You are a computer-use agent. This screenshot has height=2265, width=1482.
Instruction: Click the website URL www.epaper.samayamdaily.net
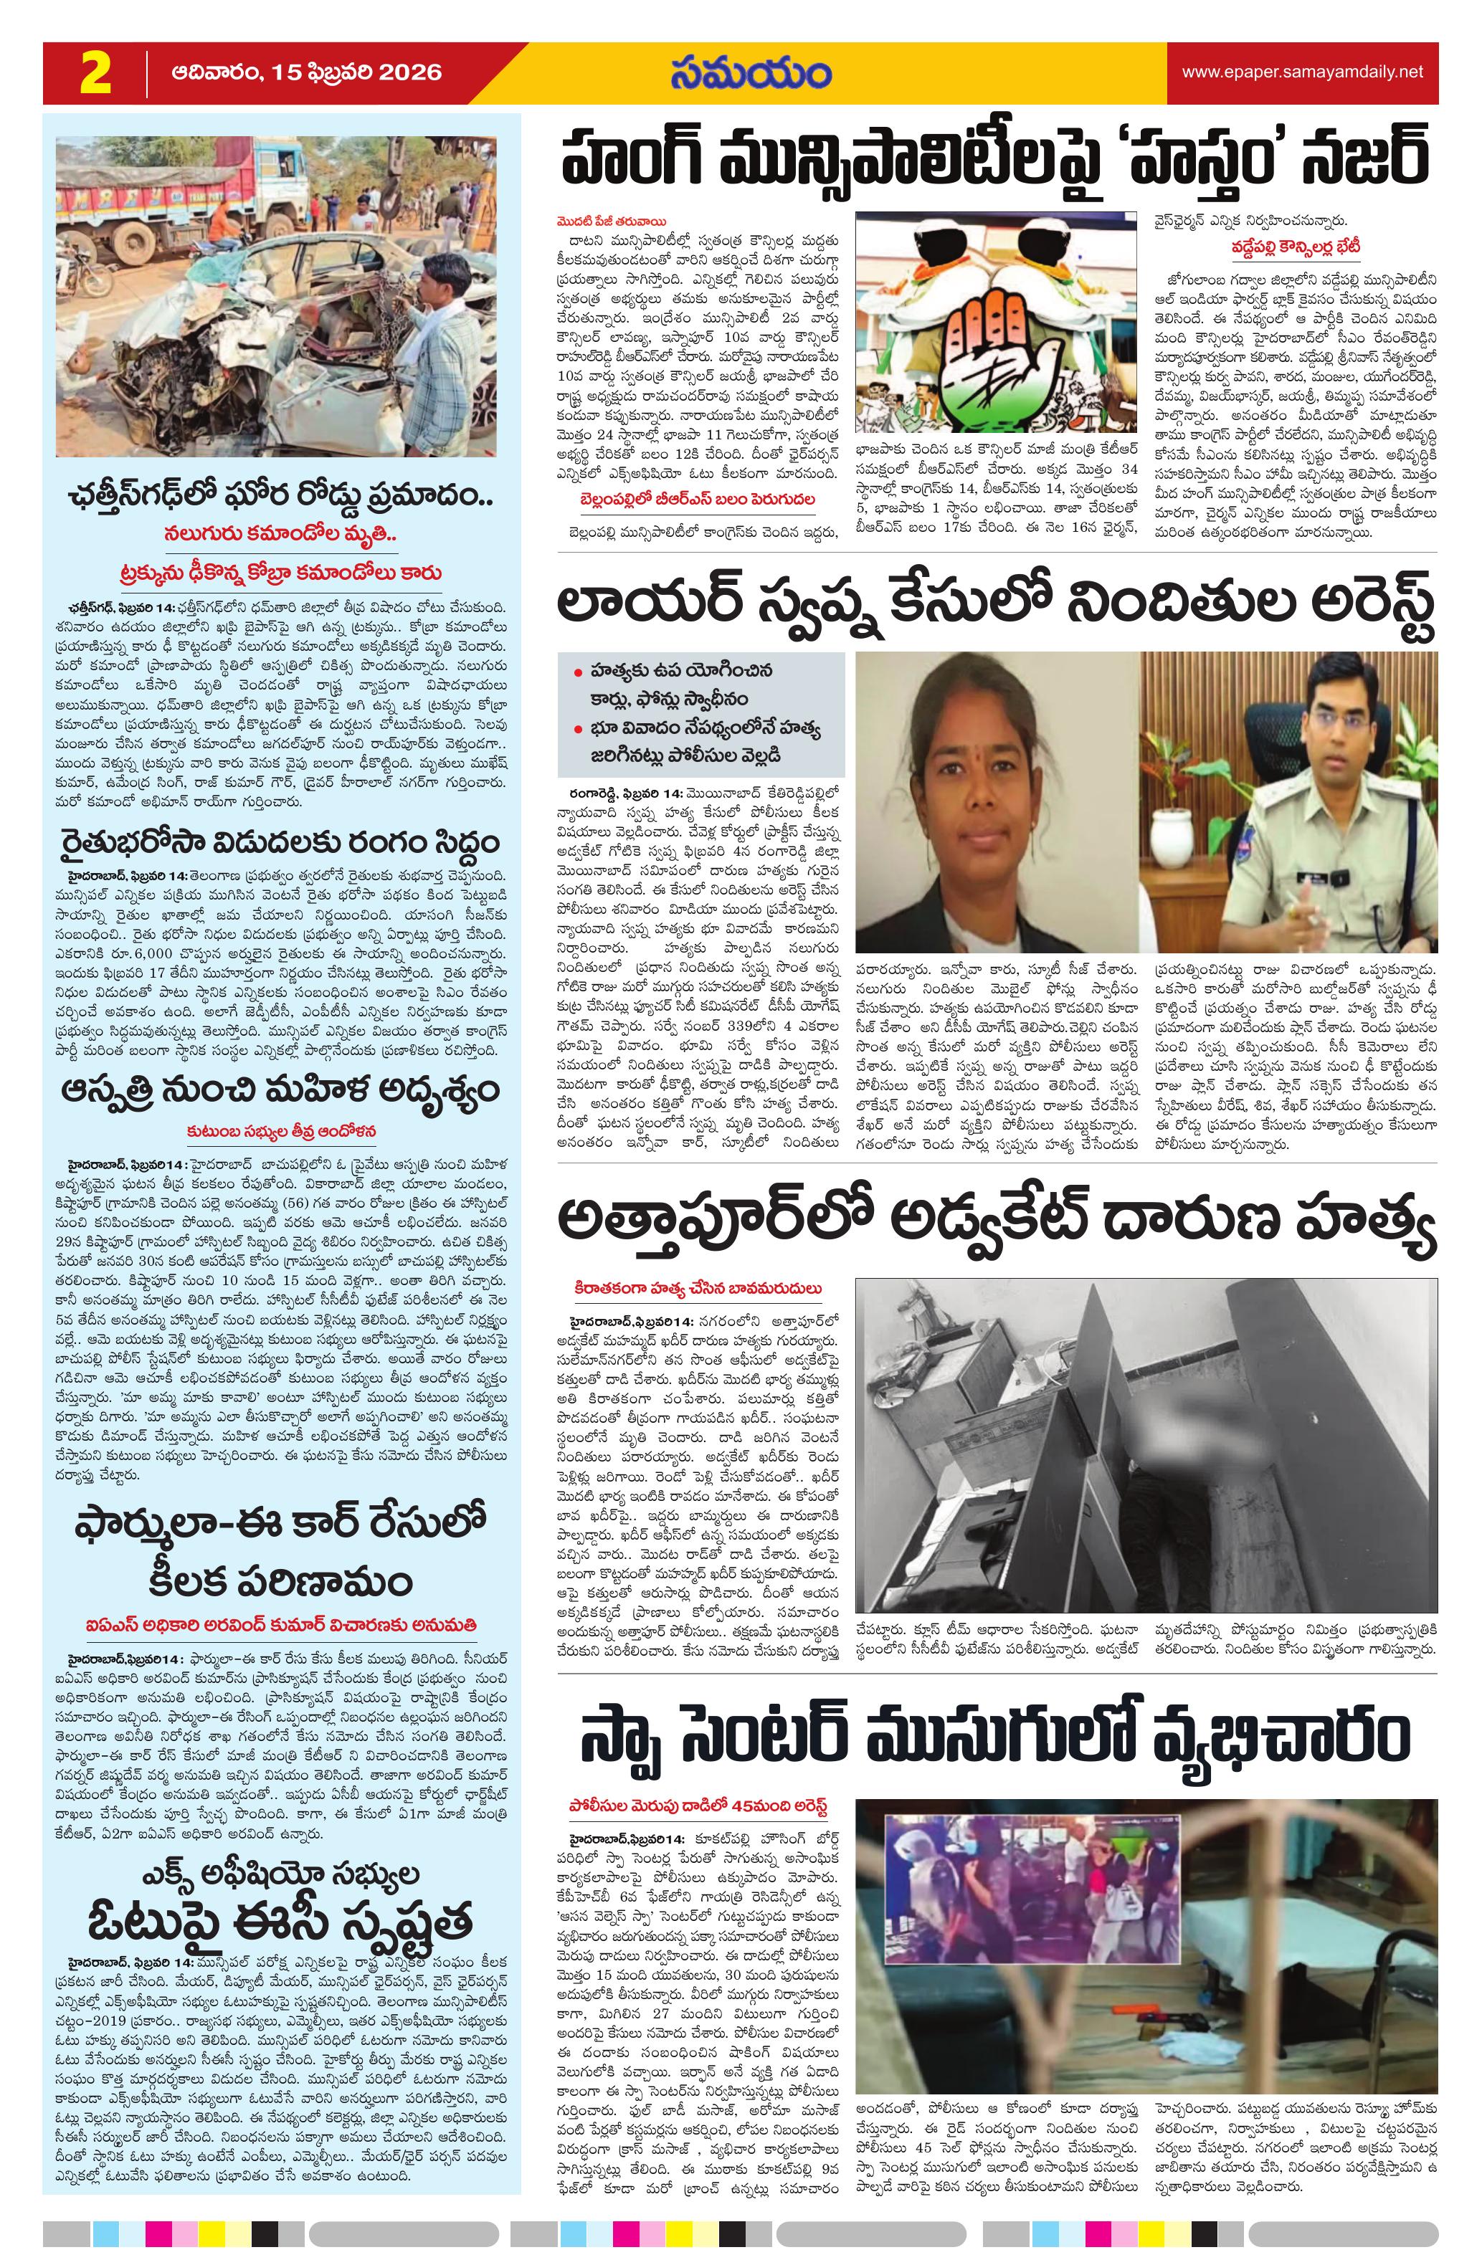(x=1302, y=72)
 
